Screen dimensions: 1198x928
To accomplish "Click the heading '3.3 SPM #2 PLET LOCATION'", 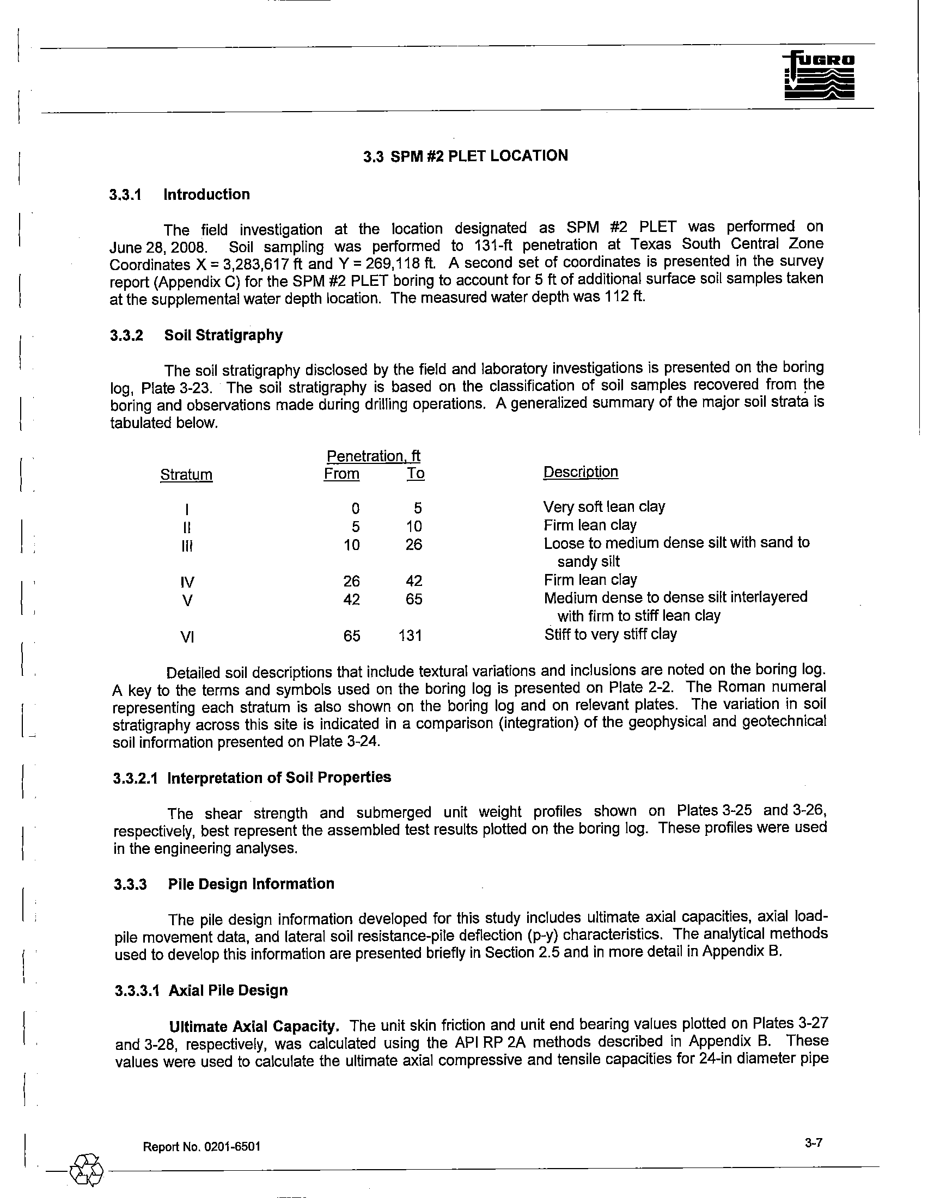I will click(x=466, y=156).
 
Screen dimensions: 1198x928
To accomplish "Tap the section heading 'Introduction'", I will click(x=206, y=195).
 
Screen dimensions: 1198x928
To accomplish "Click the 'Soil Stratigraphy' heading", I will click(x=223, y=335).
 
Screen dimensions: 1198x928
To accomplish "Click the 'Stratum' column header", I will click(x=186, y=474).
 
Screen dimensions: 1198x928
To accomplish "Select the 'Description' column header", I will click(x=581, y=472).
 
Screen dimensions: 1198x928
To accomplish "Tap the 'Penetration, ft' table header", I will click(x=374, y=456).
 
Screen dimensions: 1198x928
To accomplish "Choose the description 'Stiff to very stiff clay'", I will click(x=610, y=634).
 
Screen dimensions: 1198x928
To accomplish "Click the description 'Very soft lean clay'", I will click(x=604, y=507).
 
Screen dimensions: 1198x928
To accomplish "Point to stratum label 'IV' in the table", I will click(x=187, y=582).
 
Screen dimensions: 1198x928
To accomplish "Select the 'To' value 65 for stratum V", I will click(x=414, y=600).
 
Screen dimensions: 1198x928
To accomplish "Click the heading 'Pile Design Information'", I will click(x=251, y=884).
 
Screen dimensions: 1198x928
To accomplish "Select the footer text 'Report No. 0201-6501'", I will click(x=202, y=1147).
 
